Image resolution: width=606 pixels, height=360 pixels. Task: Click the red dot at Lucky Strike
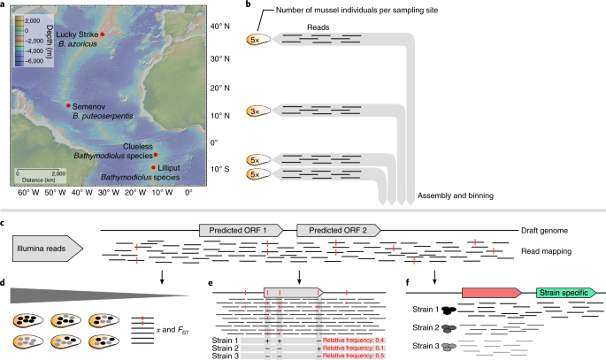(x=103, y=34)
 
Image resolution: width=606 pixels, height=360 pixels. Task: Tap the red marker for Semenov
(x=68, y=105)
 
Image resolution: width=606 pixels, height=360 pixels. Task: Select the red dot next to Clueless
(x=156, y=153)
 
